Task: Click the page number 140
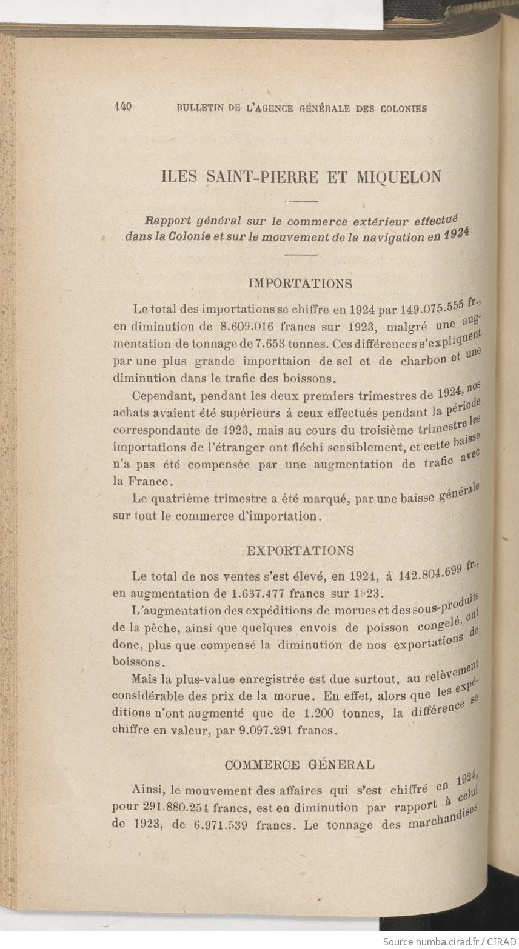123,107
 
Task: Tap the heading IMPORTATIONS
301,283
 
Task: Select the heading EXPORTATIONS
300,550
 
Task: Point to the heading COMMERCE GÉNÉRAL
300,764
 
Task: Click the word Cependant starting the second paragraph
163,398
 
